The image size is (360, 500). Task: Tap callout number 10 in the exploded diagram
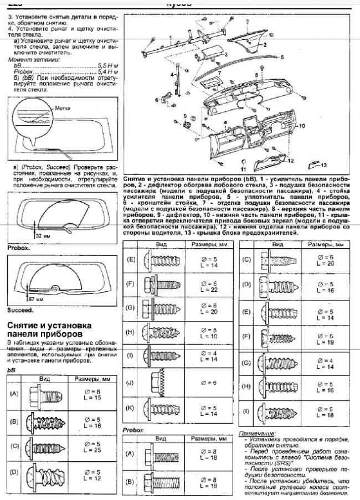[302, 126]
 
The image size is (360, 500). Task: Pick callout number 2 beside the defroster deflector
[265, 43]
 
